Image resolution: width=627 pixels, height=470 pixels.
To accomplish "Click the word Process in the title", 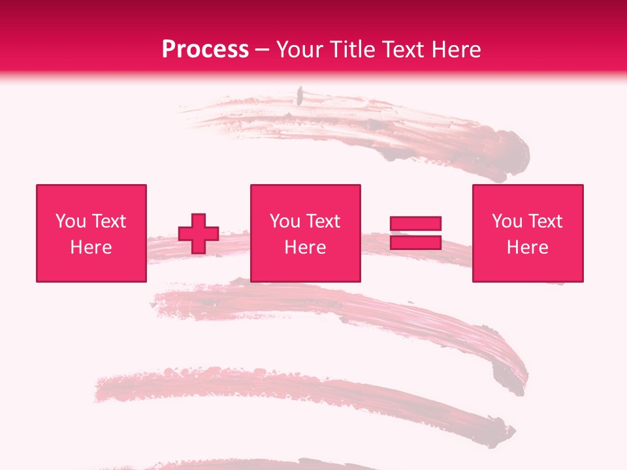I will tap(205, 50).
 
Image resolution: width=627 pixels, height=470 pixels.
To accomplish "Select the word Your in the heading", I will tap(301, 50).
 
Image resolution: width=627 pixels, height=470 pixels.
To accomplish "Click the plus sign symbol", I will tap(199, 233).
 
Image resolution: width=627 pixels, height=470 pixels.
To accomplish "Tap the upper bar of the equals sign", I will tap(415, 223).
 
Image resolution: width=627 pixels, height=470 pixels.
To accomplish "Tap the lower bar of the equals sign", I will tap(415, 243).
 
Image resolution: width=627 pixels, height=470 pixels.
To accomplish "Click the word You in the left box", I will tap(71, 221).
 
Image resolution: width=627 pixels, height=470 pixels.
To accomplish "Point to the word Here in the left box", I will tap(91, 247).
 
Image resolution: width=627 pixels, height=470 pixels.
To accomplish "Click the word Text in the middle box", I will tap(323, 221).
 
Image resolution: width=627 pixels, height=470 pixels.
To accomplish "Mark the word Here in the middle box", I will tap(305, 247).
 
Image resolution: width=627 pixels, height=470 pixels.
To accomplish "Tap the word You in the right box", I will tap(507, 221).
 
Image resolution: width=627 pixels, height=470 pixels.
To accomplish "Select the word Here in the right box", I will tap(527, 247).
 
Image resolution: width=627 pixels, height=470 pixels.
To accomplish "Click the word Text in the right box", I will tap(545, 221).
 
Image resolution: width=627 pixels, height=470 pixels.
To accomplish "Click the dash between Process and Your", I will tap(262, 50).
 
